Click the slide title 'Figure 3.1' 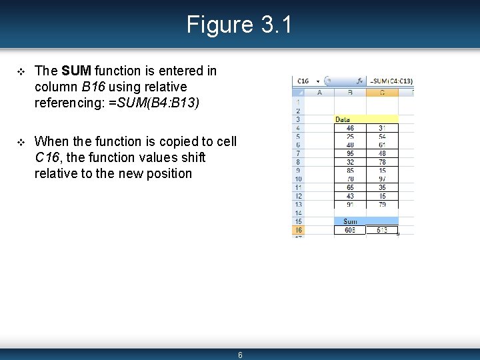point(239,25)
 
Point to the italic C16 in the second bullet point(47,157)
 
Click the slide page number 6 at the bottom point(240,355)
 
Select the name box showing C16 point(303,81)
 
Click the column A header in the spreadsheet point(319,93)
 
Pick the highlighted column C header point(381,93)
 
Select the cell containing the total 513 point(381,230)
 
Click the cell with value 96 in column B point(350,153)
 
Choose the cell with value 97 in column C point(381,179)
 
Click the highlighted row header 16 point(298,230)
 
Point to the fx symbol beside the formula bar point(359,81)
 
